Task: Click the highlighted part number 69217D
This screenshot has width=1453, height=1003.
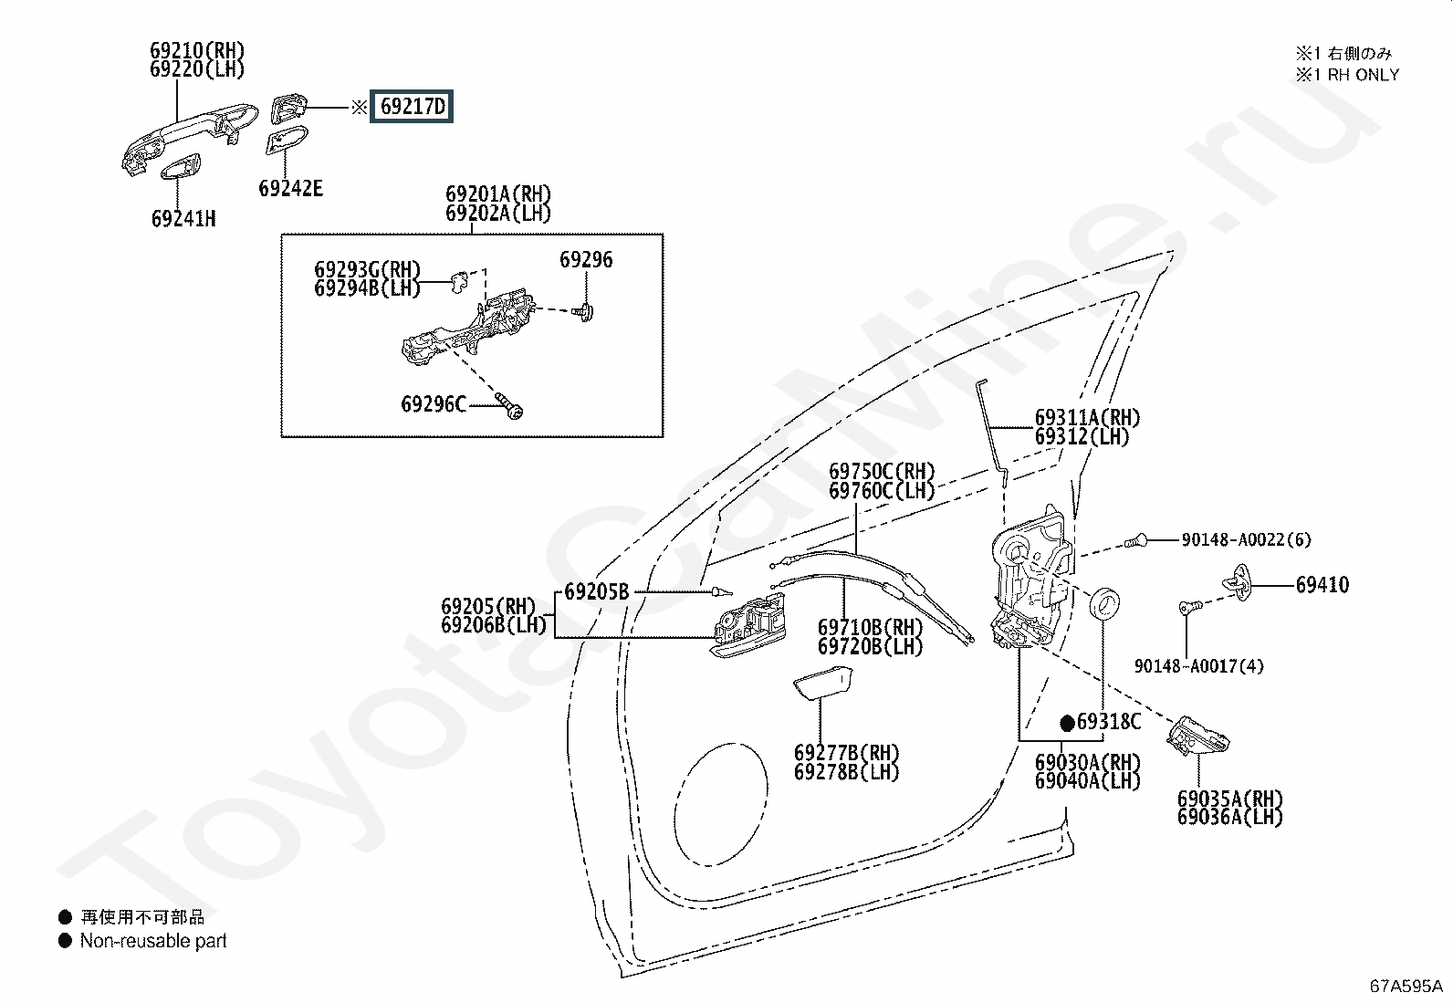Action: point(413,107)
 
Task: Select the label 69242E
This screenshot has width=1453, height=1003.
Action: point(290,189)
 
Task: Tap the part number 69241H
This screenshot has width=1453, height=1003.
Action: point(183,219)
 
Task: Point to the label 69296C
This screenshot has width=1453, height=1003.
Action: point(434,402)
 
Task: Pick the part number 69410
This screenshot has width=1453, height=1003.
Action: point(1322,584)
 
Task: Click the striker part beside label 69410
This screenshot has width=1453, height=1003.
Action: point(1241,581)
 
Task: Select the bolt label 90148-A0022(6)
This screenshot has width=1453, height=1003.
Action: point(1246,539)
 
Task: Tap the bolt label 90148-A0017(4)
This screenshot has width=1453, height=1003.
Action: point(1198,666)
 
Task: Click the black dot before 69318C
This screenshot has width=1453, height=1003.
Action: point(1067,723)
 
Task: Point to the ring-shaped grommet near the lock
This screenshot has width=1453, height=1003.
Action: point(1107,602)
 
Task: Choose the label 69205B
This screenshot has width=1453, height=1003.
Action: point(597,591)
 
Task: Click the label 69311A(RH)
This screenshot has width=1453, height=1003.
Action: point(1087,418)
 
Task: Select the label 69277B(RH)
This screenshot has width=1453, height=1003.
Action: point(846,754)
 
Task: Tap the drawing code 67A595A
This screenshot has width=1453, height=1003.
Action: point(1406,986)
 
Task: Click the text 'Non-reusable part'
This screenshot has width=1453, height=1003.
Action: point(153,941)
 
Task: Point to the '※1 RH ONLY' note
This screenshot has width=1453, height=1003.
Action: point(1346,75)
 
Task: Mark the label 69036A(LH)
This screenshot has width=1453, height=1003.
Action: point(1229,818)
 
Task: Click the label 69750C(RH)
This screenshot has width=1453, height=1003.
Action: point(882,472)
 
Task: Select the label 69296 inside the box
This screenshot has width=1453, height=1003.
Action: point(586,260)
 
